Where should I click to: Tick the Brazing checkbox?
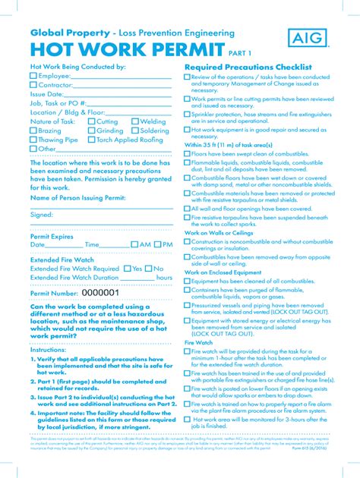click(33, 131)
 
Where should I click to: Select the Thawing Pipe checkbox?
click(33, 140)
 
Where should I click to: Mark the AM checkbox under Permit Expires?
click(134, 245)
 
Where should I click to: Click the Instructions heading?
click(49, 351)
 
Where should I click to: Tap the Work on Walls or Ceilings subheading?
click(219, 233)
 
